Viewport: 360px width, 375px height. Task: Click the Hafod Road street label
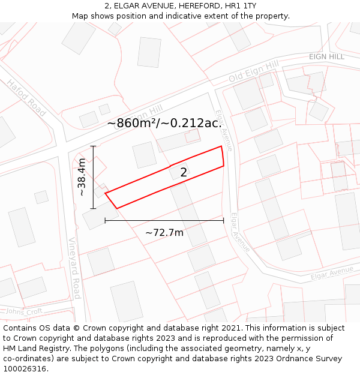click(x=26, y=98)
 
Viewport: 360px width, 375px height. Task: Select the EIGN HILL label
click(x=326, y=56)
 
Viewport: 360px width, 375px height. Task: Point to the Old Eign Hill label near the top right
click(x=254, y=71)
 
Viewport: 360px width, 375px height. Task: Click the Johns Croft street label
click(x=25, y=311)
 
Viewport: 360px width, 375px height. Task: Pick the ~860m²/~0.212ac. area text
click(x=164, y=124)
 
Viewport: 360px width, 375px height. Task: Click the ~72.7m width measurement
click(x=164, y=232)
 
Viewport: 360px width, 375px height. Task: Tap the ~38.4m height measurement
click(x=82, y=178)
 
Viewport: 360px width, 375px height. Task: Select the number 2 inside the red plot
click(x=184, y=172)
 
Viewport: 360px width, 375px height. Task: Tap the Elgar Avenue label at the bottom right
click(x=332, y=274)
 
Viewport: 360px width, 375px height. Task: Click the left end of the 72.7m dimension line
click(x=105, y=221)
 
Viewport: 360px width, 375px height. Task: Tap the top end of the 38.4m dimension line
click(x=93, y=146)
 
